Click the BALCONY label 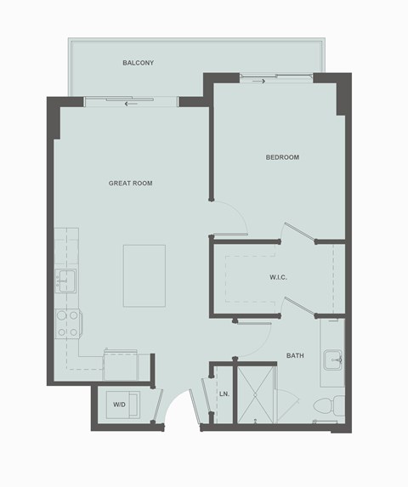coord(137,63)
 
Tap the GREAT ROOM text coord(130,183)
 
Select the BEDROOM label coord(282,157)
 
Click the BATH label coord(295,355)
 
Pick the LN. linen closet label coord(224,394)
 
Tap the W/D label coord(120,405)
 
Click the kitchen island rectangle coord(144,275)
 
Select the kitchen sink coord(65,279)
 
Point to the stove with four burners coord(67,323)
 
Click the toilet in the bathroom coord(331,405)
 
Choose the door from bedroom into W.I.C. coord(297,234)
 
